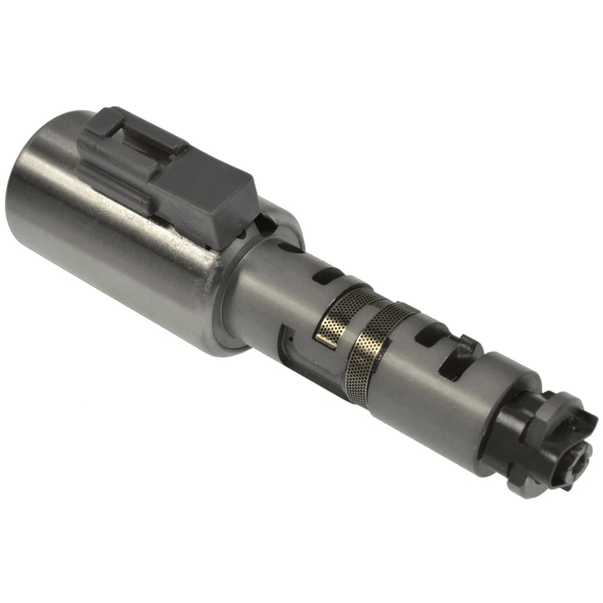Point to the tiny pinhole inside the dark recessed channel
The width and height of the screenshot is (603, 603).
[290, 340]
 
